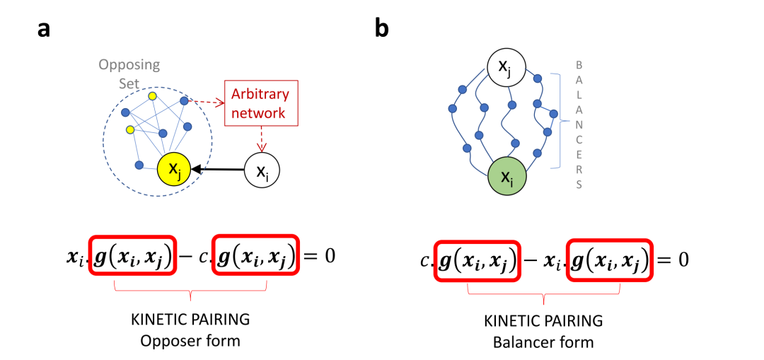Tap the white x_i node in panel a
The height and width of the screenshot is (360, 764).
262,170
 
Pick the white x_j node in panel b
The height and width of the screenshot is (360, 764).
508,69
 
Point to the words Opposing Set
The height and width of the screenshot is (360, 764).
129,74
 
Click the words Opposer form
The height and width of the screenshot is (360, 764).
190,341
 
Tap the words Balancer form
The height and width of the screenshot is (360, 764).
543,342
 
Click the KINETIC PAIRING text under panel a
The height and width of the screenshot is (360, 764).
190,320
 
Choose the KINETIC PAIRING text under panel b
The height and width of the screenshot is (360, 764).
543,321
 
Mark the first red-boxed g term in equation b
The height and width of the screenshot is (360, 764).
477,260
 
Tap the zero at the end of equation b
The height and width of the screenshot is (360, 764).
683,260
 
